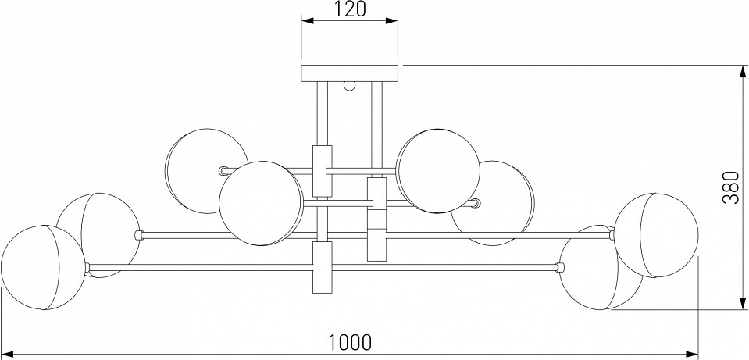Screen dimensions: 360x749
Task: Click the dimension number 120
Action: pos(350,10)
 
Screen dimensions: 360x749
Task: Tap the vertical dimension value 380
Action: pos(730,187)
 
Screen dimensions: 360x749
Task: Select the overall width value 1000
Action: pos(349,341)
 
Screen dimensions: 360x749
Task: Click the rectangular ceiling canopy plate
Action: pos(349,73)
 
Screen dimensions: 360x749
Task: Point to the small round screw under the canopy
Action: pos(351,85)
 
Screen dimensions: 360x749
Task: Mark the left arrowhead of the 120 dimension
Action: pos(306,22)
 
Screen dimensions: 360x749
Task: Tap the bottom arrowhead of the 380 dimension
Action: pos(740,305)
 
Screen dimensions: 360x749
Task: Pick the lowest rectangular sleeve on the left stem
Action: pos(322,267)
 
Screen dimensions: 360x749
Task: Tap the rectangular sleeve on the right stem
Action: pos(376,219)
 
